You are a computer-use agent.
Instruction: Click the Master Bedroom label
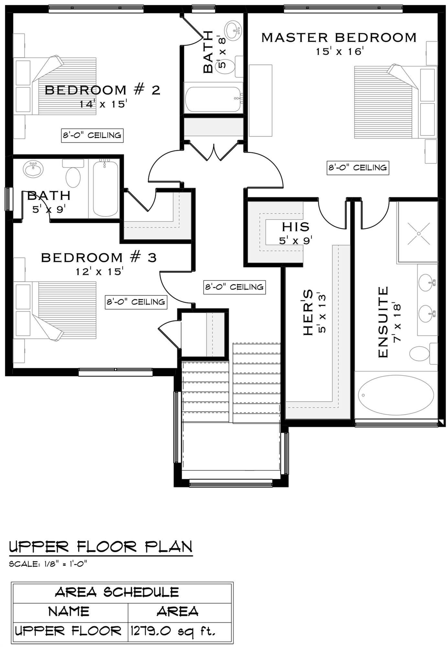click(x=339, y=38)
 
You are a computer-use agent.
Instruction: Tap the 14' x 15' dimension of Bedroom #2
click(x=103, y=104)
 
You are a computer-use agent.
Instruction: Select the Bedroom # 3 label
click(x=99, y=258)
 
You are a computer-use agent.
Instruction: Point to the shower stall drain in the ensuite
click(x=419, y=233)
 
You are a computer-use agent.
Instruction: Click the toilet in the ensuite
click(x=423, y=353)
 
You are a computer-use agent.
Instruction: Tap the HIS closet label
click(x=295, y=227)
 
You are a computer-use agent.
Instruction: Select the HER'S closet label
click(x=308, y=312)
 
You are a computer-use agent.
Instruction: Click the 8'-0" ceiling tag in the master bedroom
click(x=358, y=168)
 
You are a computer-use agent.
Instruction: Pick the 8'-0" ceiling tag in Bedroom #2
click(x=92, y=135)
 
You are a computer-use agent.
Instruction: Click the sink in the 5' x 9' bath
click(x=33, y=170)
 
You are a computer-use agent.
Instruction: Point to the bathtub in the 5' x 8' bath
click(x=213, y=97)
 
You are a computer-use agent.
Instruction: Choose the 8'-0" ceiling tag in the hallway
click(x=235, y=287)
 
